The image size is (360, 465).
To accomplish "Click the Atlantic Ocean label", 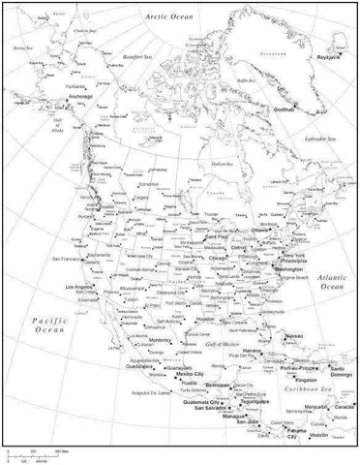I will click(331, 282).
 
